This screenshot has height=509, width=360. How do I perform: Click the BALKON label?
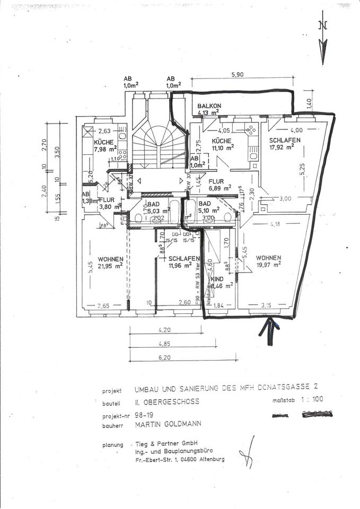click(209, 106)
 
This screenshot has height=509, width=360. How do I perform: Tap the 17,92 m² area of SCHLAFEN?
click(283, 148)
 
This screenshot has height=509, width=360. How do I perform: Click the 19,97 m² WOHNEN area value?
click(268, 264)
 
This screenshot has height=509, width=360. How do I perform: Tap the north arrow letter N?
click(323, 25)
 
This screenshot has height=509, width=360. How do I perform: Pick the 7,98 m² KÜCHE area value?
click(105, 150)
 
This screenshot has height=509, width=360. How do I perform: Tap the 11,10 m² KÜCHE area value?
click(223, 148)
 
